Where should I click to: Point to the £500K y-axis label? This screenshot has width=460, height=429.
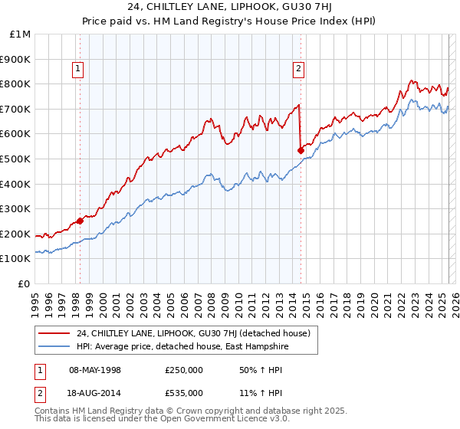[17, 159]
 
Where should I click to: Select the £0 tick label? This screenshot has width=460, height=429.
[25, 284]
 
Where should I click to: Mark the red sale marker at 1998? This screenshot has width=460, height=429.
[80, 221]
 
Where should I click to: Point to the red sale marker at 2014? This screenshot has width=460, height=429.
[301, 150]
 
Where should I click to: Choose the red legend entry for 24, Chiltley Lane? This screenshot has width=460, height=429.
[192, 333]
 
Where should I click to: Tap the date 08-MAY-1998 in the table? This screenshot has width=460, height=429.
[94, 371]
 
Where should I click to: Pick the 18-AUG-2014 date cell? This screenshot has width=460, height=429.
[94, 392]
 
